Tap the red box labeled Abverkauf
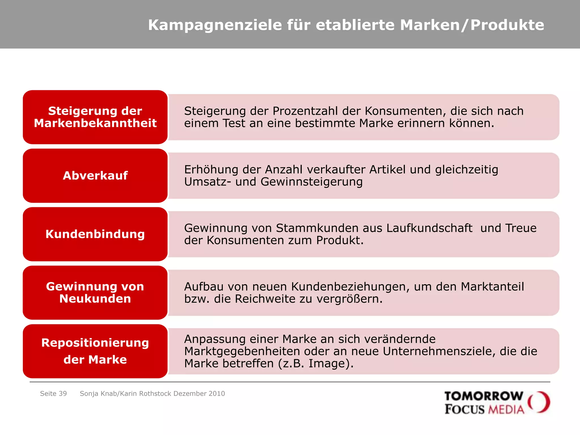click(x=95, y=176)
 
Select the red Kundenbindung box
click(x=95, y=234)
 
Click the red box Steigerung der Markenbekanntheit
click(x=95, y=117)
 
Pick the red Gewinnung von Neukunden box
click(x=95, y=293)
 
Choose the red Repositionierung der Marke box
click(x=95, y=351)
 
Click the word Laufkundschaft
click(x=429, y=228)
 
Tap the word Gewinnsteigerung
click(x=312, y=182)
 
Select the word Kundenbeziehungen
click(x=351, y=287)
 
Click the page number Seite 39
click(x=54, y=394)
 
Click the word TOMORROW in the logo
click(x=484, y=396)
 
